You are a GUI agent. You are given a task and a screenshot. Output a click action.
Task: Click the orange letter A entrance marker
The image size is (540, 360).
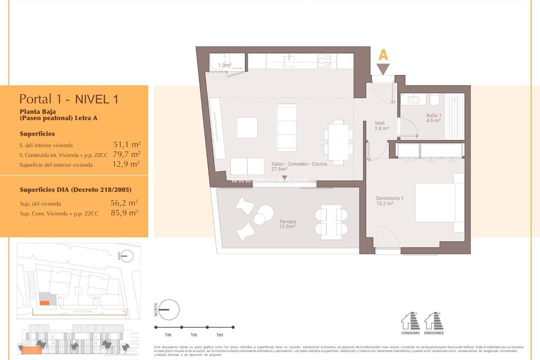click(x=383, y=55)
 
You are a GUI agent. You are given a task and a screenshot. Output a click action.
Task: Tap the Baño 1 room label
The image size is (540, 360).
click(x=433, y=117)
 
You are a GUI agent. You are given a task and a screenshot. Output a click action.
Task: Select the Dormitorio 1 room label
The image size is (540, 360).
click(x=389, y=200)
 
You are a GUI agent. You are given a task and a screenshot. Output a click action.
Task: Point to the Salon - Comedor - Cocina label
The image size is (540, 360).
click(x=299, y=166)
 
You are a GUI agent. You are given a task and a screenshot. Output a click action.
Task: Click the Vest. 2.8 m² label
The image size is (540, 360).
click(x=382, y=125)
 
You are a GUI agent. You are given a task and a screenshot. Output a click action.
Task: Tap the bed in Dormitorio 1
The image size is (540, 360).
click(x=439, y=202)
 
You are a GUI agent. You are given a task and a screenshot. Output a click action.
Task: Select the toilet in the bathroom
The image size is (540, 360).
click(x=433, y=100)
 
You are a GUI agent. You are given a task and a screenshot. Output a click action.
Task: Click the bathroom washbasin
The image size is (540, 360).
click(x=413, y=99)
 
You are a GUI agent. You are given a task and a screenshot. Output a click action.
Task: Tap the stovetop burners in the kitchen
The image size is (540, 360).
click(x=324, y=60)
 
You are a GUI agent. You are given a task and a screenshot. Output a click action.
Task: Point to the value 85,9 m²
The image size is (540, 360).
click(x=124, y=212)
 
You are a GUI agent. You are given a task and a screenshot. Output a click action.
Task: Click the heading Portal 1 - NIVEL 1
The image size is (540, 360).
click(x=68, y=98)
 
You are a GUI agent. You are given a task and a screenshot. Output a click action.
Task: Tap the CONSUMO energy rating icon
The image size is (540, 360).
click(x=410, y=323)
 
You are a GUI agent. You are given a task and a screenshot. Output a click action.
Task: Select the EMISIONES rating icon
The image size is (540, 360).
click(x=433, y=323)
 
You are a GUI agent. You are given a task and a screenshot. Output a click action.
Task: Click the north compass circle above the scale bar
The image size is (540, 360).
click(x=169, y=309)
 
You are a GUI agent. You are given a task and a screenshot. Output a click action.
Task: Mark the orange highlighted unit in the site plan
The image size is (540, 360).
click(x=44, y=302)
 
